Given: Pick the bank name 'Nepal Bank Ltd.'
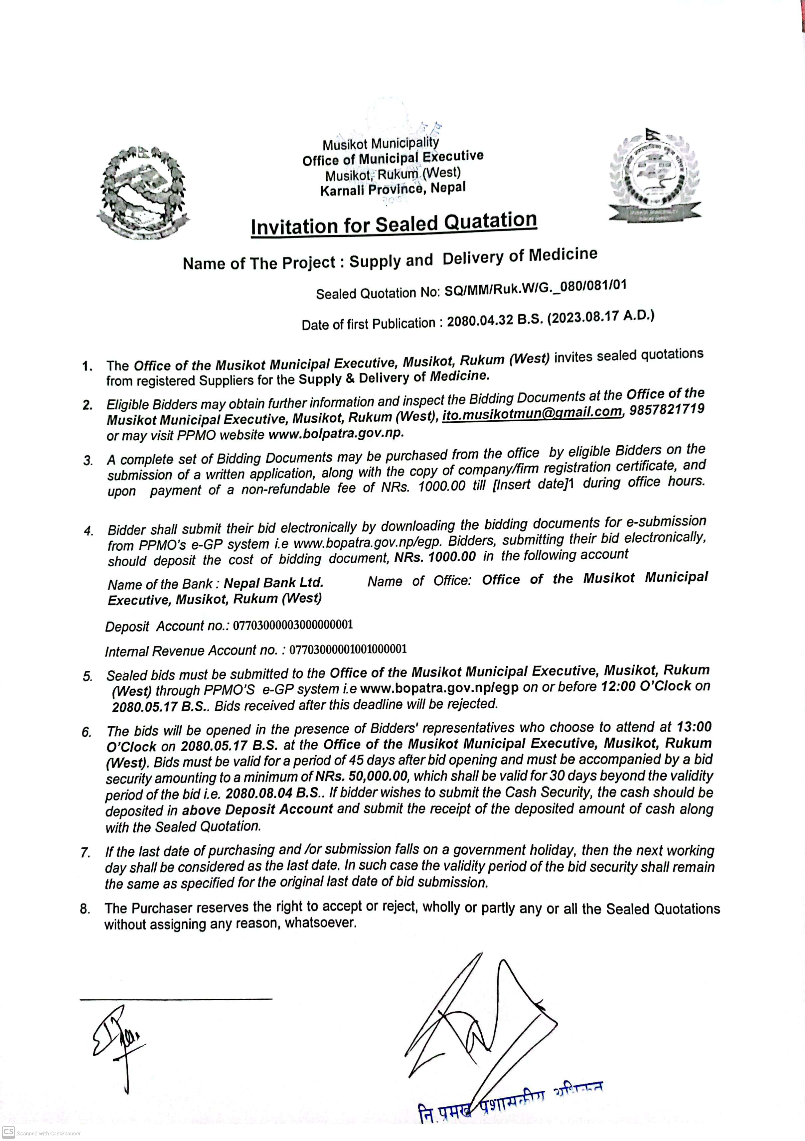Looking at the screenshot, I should tap(273, 582).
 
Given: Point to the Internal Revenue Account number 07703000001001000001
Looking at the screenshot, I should tap(348, 649).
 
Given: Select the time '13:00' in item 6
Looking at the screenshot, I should tap(694, 727).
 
